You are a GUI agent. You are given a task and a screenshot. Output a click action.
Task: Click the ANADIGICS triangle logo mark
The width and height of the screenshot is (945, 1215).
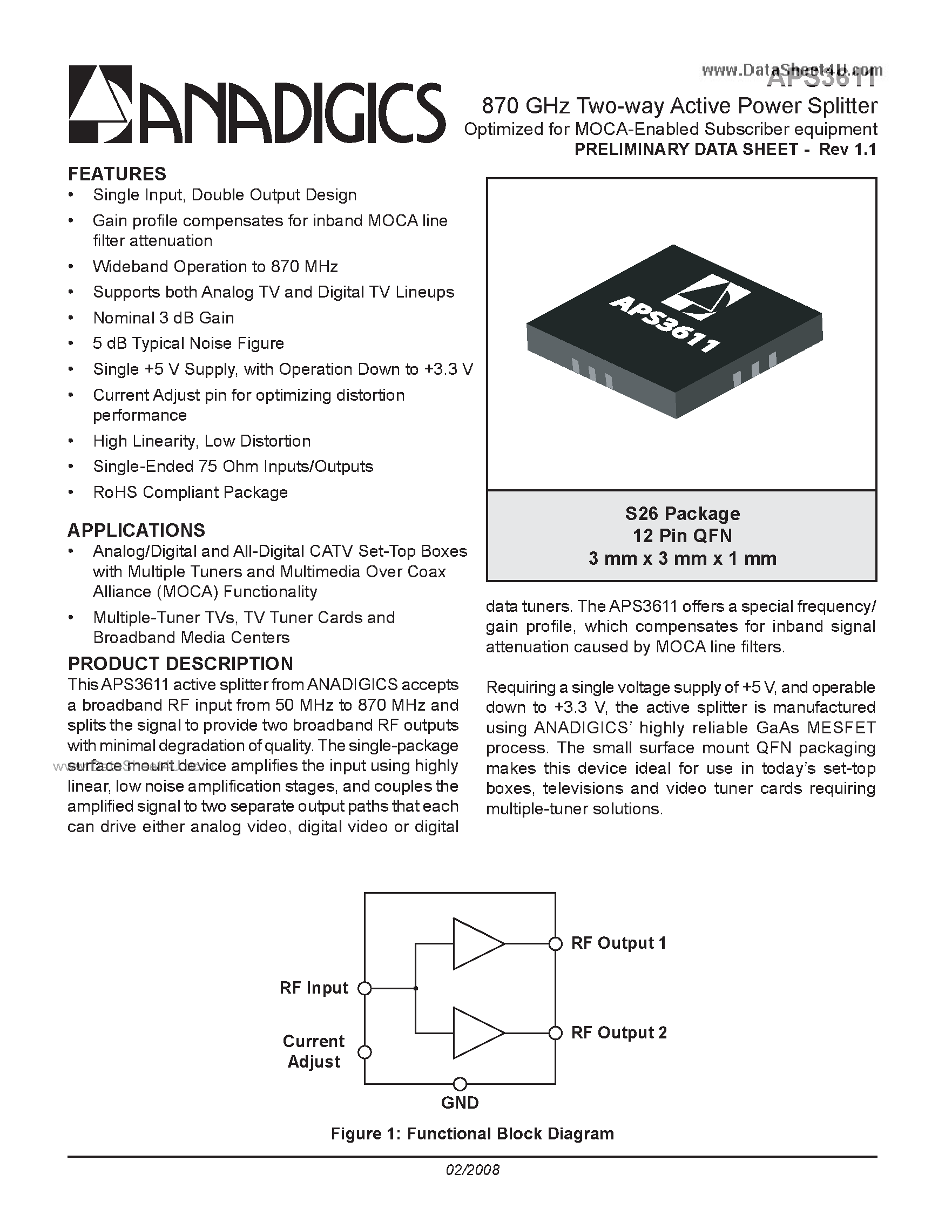pyautogui.click(x=100, y=105)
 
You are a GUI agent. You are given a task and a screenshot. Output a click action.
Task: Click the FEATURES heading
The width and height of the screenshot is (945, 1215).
pyautogui.click(x=117, y=174)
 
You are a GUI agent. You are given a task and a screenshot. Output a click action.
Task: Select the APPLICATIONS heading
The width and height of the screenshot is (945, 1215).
pyautogui.click(x=136, y=530)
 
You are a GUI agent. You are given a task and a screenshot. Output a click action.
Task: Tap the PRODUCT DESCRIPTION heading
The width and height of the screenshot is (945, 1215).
pyautogui.click(x=180, y=664)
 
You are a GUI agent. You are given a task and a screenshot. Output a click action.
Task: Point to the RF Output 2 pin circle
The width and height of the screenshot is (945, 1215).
pyautogui.click(x=555, y=1033)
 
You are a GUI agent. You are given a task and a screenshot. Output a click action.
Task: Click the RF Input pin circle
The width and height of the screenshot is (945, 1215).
pyautogui.click(x=364, y=988)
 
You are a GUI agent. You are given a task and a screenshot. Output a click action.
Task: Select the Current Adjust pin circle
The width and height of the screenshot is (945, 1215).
pyautogui.click(x=364, y=1052)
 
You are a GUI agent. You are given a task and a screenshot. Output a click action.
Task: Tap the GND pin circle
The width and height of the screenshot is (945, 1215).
pyautogui.click(x=460, y=1084)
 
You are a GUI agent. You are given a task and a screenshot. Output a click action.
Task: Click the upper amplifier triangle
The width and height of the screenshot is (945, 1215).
pyautogui.click(x=476, y=943)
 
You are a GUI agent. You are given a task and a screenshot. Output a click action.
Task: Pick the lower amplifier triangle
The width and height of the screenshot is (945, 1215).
pyautogui.click(x=476, y=1033)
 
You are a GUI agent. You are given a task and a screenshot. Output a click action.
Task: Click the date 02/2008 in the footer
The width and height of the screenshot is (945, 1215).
pyautogui.click(x=472, y=1170)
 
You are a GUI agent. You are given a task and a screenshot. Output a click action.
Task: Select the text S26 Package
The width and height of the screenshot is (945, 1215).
pyautogui.click(x=683, y=514)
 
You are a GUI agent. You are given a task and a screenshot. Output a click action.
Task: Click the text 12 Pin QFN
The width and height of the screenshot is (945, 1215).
pyautogui.click(x=683, y=536)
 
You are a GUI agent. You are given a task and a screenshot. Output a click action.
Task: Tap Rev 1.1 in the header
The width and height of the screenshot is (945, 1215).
pyautogui.click(x=848, y=150)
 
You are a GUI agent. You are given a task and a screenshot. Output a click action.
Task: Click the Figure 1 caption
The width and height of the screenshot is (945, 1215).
pyautogui.click(x=472, y=1134)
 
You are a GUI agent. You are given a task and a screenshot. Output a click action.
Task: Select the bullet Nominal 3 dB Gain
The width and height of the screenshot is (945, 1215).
pyautogui.click(x=164, y=318)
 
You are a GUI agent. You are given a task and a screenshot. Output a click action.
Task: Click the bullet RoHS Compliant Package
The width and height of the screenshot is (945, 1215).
pyautogui.click(x=190, y=492)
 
